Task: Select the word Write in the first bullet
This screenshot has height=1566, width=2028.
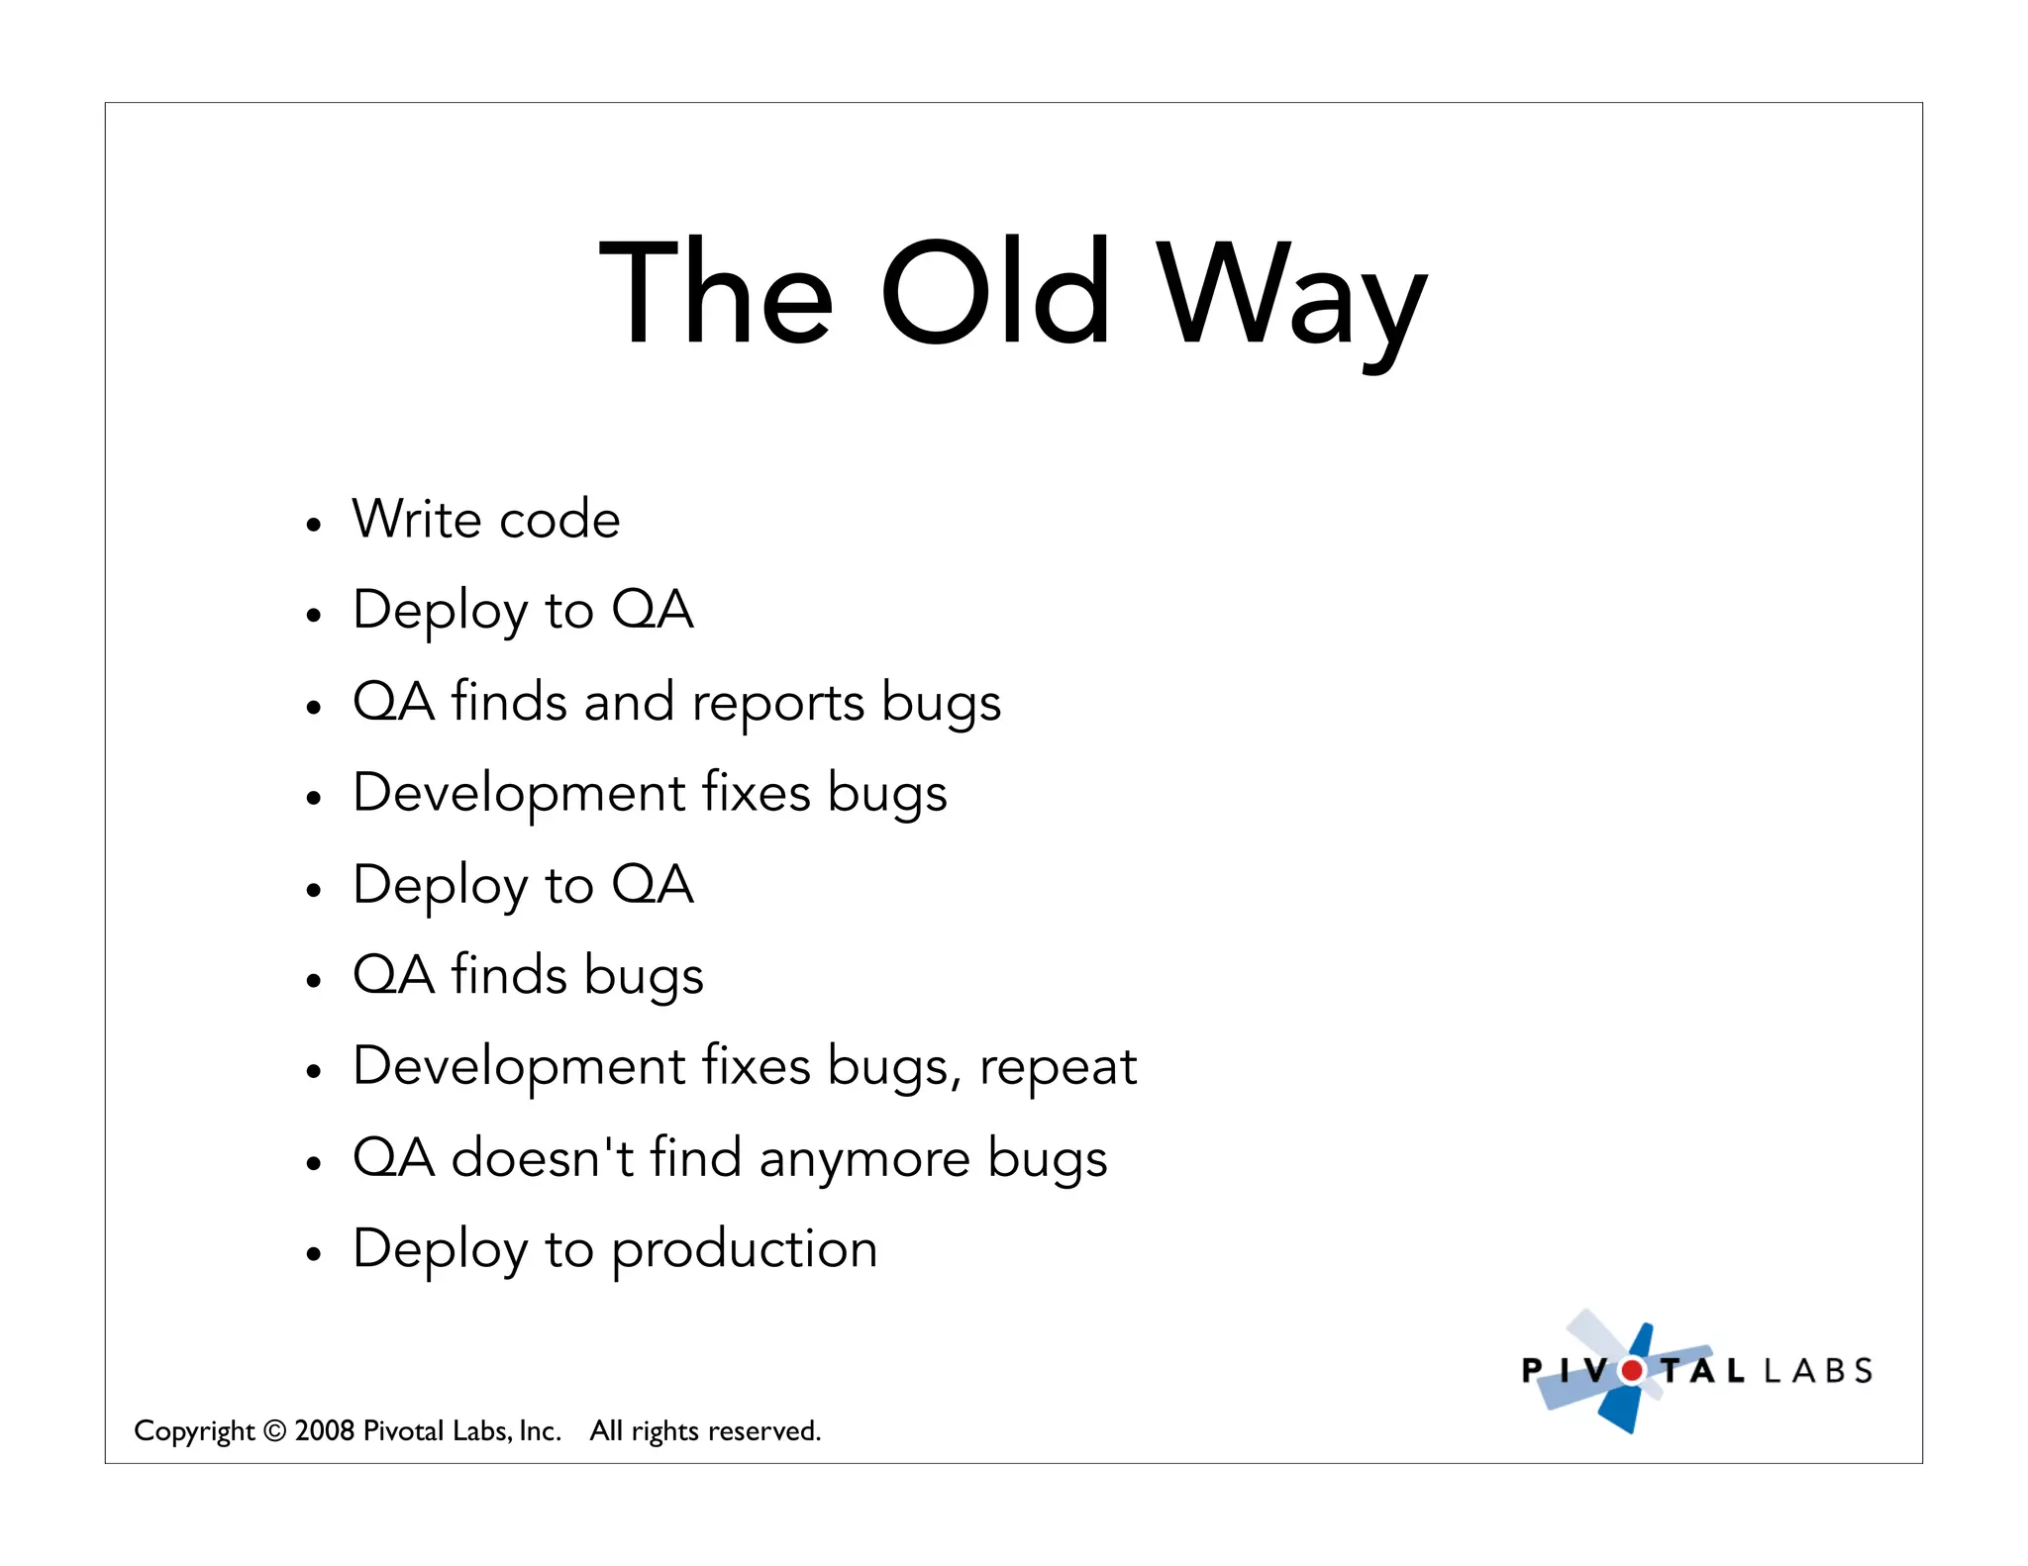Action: [416, 519]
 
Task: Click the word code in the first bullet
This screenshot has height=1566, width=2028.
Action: [559, 520]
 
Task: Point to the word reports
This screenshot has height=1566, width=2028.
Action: [778, 704]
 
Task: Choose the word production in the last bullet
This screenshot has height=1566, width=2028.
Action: [744, 1250]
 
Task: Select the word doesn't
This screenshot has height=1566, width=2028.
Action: [543, 1157]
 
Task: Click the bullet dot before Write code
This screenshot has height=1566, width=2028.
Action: [314, 525]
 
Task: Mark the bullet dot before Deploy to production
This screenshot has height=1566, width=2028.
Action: [314, 1254]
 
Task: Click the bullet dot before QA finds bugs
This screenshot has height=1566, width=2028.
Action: [314, 980]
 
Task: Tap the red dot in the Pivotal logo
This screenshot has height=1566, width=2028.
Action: [1631, 1371]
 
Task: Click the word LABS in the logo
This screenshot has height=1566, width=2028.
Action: [1818, 1371]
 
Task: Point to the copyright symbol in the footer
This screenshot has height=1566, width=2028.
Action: [275, 1431]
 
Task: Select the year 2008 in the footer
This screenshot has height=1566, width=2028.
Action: [324, 1431]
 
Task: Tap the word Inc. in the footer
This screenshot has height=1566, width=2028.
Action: [540, 1431]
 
